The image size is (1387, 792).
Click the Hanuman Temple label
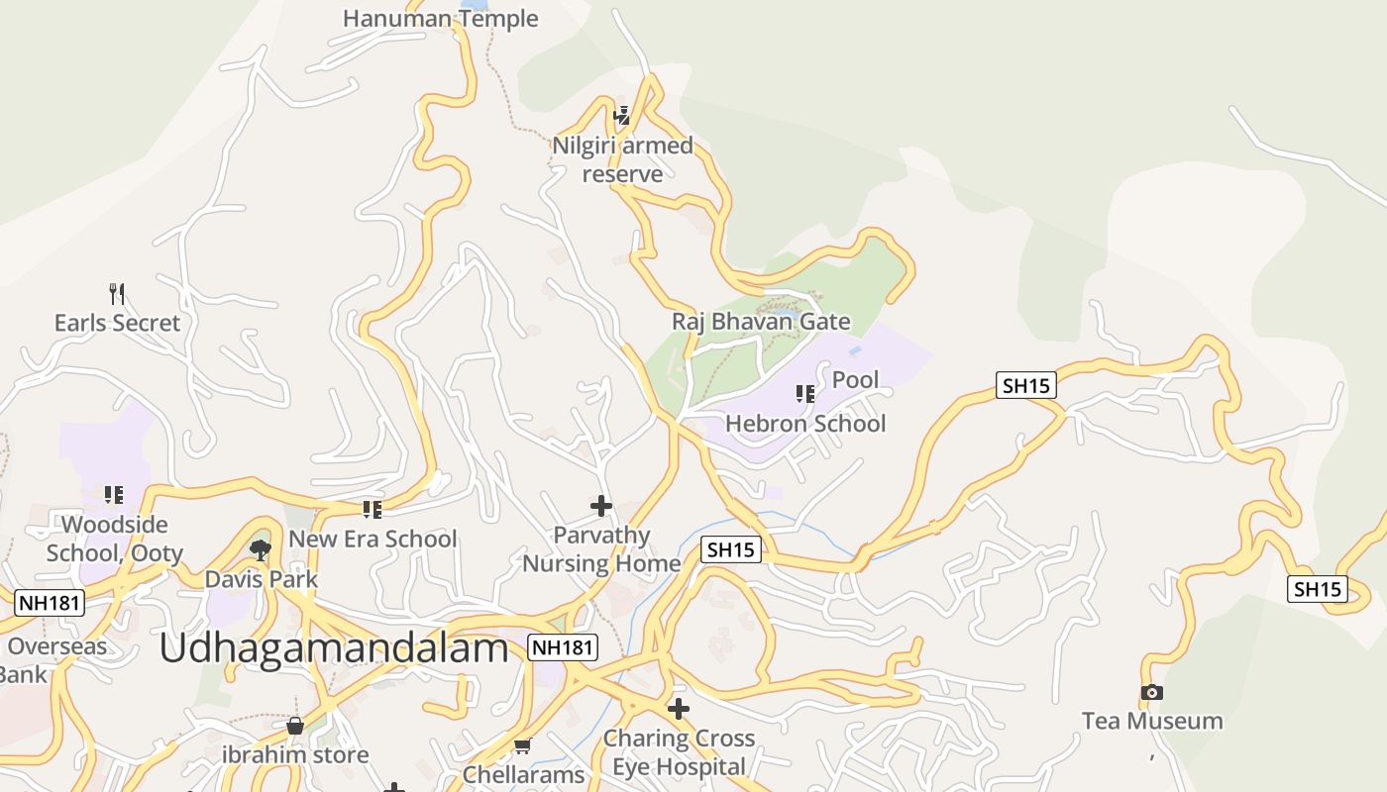tap(440, 18)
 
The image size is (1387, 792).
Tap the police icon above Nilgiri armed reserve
tap(622, 116)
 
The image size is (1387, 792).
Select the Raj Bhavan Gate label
tap(760, 321)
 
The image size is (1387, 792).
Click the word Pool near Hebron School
tap(855, 379)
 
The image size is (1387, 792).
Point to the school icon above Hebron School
tap(805, 394)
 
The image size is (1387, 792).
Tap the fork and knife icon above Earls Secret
tap(117, 293)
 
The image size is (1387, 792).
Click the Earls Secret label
tap(117, 323)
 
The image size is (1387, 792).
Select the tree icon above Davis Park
tap(261, 549)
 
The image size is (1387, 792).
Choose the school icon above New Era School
tap(373, 510)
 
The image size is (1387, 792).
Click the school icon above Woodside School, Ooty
tap(114, 494)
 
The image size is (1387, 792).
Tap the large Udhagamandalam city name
tap(333, 648)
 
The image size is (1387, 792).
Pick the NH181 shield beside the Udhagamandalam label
tap(563, 647)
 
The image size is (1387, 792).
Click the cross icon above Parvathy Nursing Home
tap(601, 506)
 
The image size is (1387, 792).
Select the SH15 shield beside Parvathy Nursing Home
tap(731, 549)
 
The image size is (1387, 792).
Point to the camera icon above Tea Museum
tap(1151, 692)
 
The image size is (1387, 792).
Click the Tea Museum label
tap(1151, 721)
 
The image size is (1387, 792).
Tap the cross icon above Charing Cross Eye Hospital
tap(679, 709)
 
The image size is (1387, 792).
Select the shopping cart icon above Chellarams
tap(522, 745)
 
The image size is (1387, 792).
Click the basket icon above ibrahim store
tap(295, 726)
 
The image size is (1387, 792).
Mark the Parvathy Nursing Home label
tap(601, 549)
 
